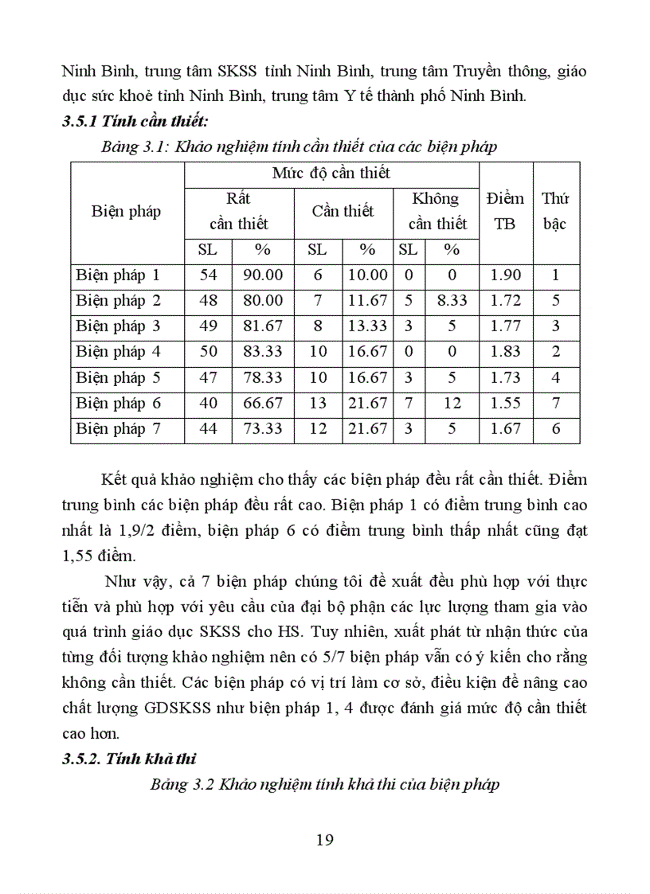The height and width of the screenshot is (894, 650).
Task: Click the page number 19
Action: (x=324, y=839)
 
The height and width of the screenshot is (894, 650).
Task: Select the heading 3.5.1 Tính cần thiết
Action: (x=135, y=122)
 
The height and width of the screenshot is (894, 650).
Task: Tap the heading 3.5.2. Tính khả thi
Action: (x=126, y=758)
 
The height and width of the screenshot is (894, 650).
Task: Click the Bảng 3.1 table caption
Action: (x=299, y=146)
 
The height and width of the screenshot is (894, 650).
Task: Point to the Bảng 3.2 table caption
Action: (x=324, y=784)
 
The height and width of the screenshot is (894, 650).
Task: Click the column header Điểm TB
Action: (x=505, y=211)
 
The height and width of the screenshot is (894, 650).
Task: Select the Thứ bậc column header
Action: (x=554, y=211)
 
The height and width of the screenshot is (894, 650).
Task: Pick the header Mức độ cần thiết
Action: (x=331, y=173)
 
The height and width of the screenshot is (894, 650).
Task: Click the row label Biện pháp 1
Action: (x=118, y=275)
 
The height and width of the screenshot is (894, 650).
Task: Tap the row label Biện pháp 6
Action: (x=118, y=403)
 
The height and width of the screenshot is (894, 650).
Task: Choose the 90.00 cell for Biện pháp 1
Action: (x=263, y=275)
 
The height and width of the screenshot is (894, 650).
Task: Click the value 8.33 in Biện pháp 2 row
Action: (x=452, y=301)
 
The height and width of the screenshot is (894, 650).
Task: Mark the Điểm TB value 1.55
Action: (x=505, y=403)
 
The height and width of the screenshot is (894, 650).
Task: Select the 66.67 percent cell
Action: (x=263, y=403)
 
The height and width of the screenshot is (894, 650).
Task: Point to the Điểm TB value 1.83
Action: (x=505, y=351)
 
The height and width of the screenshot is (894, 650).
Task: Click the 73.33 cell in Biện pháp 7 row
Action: (x=263, y=428)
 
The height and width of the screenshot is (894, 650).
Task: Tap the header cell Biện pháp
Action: (x=126, y=211)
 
